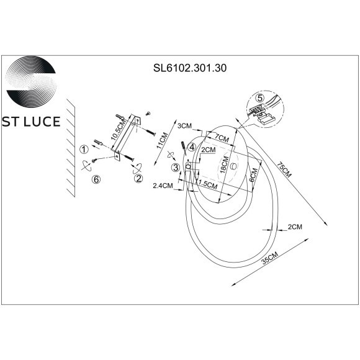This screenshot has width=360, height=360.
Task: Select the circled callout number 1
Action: pyautogui.click(x=82, y=149)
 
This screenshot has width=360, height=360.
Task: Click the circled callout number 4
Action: pyautogui.click(x=192, y=147)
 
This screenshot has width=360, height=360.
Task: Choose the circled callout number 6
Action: pyautogui.click(x=96, y=179)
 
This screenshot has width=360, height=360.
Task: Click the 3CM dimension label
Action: pyautogui.click(x=185, y=126)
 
